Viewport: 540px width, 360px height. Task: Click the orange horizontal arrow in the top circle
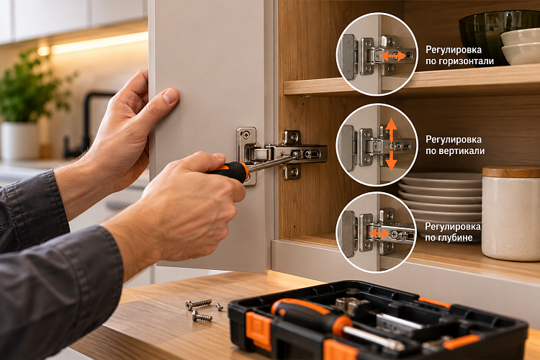point(394,55)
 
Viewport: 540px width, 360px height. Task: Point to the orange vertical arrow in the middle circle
point(391,144)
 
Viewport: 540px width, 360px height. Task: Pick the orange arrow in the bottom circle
point(379,233)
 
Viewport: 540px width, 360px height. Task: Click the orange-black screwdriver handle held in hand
point(230,171)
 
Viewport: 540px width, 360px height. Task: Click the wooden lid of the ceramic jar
point(511,172)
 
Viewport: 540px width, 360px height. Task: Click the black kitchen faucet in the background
point(83,124)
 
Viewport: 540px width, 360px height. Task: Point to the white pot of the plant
point(19,140)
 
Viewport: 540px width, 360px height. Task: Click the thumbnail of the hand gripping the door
point(171,96)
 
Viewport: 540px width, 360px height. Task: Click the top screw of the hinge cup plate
point(246,135)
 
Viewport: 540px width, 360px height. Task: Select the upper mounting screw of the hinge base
point(294,138)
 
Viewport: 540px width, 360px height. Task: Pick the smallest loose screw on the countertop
point(220,306)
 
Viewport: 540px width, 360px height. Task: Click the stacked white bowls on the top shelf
point(521,46)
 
